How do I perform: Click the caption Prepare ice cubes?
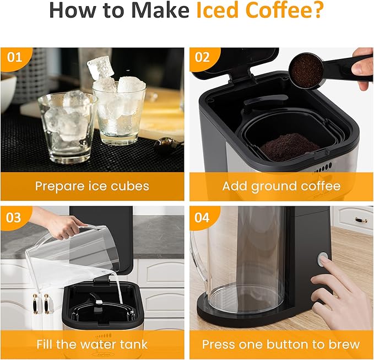(92, 186)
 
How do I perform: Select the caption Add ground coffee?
(281, 186)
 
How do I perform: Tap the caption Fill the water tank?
(92, 345)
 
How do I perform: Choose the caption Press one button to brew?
(281, 345)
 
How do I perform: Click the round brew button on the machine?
(323, 259)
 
